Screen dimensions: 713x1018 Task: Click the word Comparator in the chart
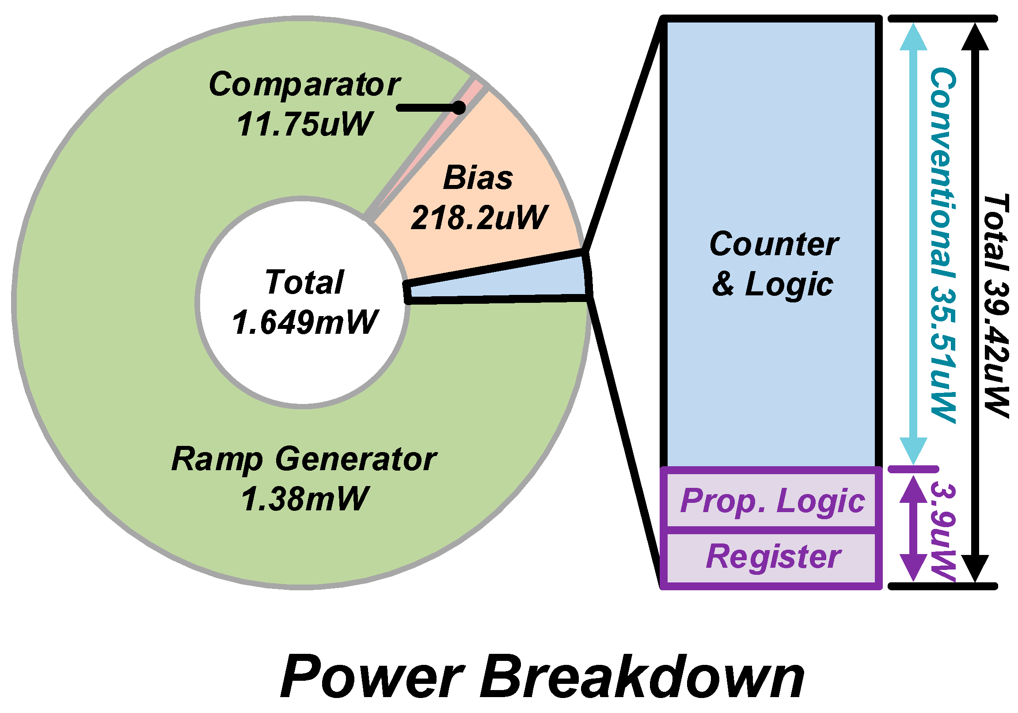(x=304, y=84)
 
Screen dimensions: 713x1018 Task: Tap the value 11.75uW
(x=304, y=124)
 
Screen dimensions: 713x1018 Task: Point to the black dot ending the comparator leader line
(x=460, y=108)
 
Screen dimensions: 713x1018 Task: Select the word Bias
(x=478, y=178)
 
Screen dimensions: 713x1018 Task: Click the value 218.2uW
(x=479, y=218)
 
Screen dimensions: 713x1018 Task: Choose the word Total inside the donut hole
(x=304, y=282)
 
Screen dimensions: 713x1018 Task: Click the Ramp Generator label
(x=304, y=459)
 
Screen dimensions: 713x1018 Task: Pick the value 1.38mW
(x=304, y=499)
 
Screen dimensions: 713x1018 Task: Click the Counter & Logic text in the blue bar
(x=774, y=264)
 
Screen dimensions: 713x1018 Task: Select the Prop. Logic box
(x=772, y=501)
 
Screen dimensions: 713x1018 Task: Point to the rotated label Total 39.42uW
(x=996, y=306)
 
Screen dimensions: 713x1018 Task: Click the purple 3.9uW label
(x=942, y=532)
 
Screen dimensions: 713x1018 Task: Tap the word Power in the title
(x=372, y=677)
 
